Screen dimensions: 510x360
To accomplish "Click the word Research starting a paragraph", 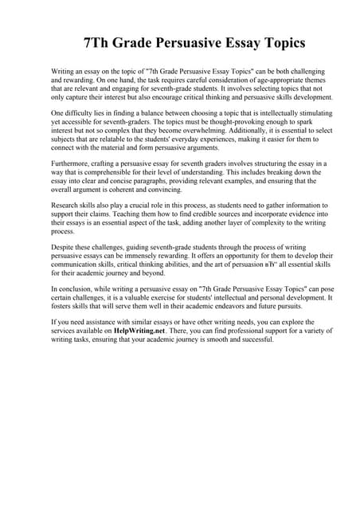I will click(66, 206).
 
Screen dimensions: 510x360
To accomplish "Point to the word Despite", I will click(62, 247).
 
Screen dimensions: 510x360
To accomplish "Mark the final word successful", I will click(256, 339).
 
